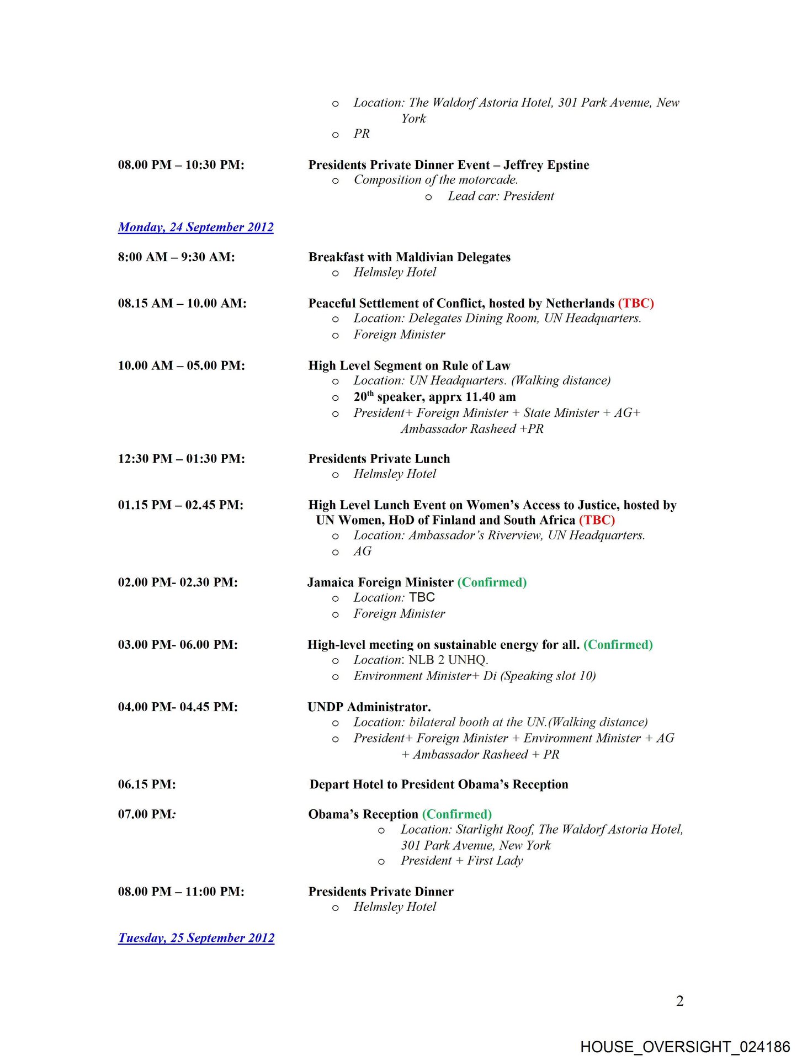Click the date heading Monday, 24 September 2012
195,227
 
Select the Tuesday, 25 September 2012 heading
196,937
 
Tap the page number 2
679,1001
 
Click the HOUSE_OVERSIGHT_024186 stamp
684,1047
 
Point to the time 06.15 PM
147,785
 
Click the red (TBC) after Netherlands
636,303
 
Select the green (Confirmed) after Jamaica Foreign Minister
492,582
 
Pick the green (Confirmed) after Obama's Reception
456,814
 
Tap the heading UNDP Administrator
369,707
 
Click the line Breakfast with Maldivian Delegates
409,257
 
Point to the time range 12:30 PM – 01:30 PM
181,459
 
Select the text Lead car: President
501,196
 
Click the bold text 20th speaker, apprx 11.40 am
434,397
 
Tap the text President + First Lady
461,861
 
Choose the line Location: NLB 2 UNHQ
421,660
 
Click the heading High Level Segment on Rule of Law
409,365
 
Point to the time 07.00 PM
146,814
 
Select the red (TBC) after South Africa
597,520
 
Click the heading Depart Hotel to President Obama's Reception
439,785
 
